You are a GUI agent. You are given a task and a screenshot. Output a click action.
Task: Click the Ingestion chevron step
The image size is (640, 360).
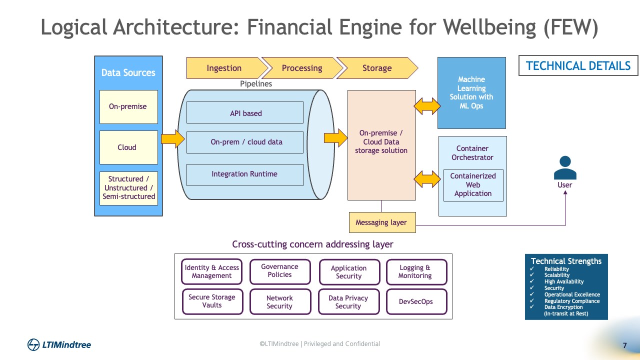(x=224, y=68)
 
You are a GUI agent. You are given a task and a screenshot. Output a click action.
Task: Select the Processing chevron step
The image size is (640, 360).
(x=301, y=68)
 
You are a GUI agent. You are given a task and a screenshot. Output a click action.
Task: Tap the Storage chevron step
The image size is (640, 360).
(x=377, y=68)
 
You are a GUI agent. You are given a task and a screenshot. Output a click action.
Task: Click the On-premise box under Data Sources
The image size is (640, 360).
(x=128, y=107)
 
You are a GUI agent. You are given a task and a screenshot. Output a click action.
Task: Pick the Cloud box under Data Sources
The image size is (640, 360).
(x=128, y=147)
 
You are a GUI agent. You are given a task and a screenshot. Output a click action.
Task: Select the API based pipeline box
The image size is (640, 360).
(x=245, y=112)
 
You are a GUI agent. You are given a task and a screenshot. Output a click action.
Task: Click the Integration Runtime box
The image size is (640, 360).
(x=245, y=174)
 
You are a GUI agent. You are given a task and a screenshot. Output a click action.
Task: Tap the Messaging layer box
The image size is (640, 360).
(x=382, y=222)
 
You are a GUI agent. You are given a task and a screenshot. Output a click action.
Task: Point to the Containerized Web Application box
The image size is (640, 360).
(x=473, y=185)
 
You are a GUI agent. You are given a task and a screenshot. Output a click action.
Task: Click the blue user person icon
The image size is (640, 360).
(x=565, y=167)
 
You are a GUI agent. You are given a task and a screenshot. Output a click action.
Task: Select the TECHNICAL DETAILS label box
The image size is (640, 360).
(x=578, y=65)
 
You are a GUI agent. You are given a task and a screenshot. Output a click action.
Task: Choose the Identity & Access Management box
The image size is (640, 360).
(x=211, y=271)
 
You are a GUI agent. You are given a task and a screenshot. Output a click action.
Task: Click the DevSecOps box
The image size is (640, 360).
(x=416, y=301)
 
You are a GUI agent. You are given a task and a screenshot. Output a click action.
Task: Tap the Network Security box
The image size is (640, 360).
(x=280, y=301)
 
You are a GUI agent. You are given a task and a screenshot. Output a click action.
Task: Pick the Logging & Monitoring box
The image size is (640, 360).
(x=415, y=271)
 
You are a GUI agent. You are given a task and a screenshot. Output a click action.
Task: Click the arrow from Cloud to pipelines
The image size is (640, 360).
(x=172, y=138)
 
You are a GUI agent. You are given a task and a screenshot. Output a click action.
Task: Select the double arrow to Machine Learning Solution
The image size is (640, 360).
(x=427, y=106)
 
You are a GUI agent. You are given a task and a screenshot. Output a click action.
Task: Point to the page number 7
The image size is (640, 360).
(x=624, y=345)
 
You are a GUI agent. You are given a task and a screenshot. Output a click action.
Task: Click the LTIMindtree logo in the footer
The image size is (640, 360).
(x=59, y=344)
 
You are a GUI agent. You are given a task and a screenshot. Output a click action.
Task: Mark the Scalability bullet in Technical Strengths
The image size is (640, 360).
(x=556, y=275)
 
